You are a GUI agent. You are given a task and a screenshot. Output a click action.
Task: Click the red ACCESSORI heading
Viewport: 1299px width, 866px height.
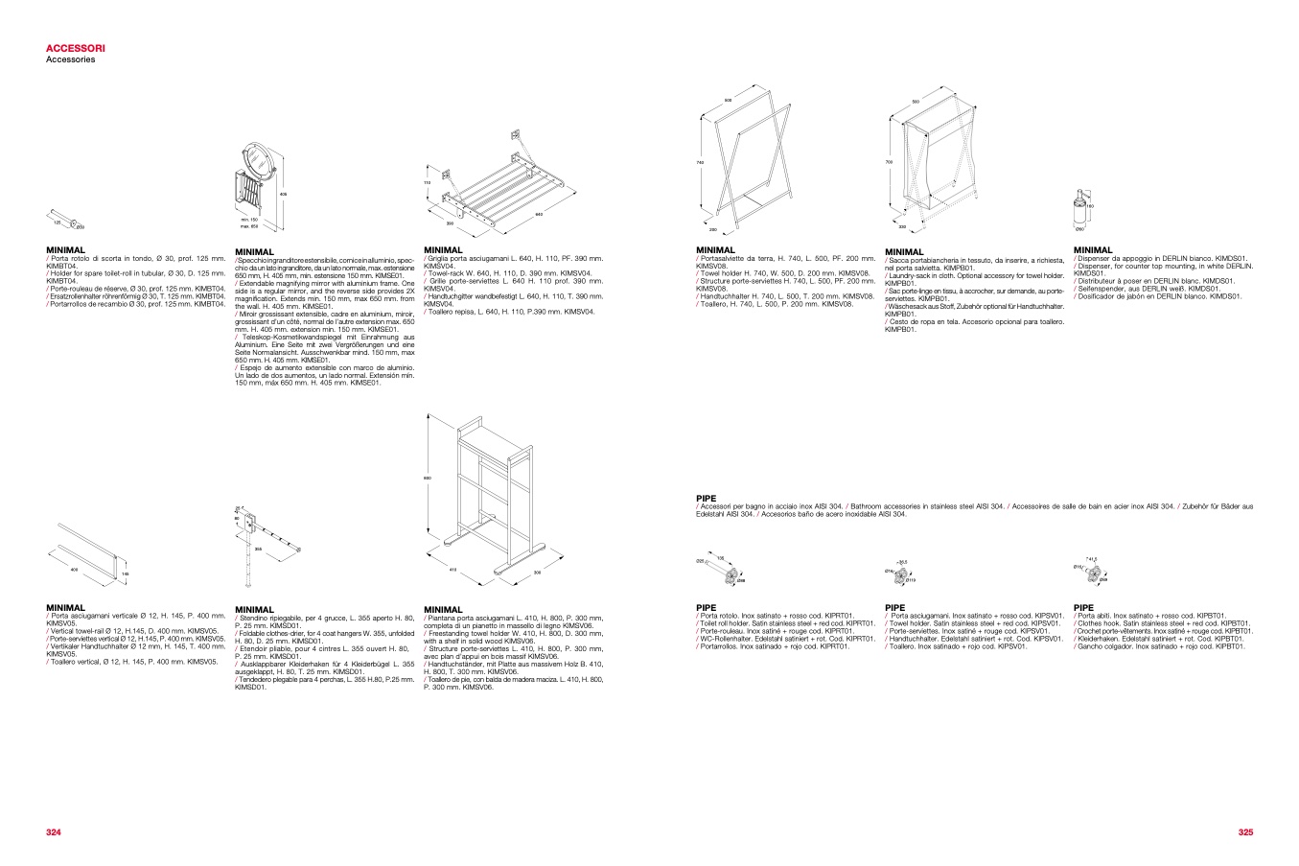coord(76,47)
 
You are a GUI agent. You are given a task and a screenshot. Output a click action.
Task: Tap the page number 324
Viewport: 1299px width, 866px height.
coord(54,832)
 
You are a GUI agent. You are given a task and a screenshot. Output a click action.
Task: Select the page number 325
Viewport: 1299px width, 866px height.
coord(1245,832)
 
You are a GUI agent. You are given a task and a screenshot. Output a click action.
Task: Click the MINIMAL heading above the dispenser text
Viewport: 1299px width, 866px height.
coord(1093,250)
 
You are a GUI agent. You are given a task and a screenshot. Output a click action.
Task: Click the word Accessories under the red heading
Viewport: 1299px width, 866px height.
coord(70,59)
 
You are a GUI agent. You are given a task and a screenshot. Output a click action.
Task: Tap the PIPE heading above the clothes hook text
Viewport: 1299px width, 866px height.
coord(1083,607)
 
